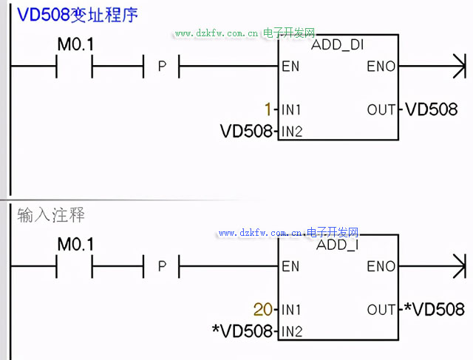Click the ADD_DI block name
338,45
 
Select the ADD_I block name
338,245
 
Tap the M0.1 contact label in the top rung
76,45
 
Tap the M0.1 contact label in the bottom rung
76,244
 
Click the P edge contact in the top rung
162,67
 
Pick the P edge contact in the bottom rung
162,266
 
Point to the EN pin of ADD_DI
290,67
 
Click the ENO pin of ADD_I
381,266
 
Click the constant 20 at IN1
263,309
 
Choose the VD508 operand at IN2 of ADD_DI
247,132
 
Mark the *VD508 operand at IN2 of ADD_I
243,330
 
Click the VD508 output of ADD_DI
432,110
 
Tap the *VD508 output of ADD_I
435,309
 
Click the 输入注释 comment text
51,216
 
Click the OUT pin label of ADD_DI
381,110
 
